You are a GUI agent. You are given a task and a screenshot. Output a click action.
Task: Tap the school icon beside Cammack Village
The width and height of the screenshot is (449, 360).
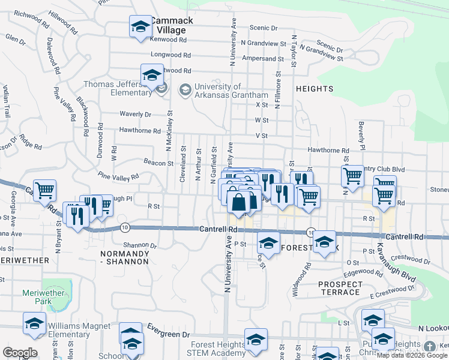141,27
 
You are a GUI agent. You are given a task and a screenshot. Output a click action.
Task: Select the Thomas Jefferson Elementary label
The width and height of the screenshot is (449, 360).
118,88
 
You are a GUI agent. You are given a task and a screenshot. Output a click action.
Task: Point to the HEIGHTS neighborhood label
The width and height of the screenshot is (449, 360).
315,89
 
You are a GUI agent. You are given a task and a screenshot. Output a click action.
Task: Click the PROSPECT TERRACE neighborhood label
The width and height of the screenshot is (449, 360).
340,288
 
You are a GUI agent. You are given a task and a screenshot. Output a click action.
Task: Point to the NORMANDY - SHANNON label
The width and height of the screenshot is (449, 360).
124,258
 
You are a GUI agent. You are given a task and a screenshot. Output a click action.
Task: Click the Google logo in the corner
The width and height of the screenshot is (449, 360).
20,353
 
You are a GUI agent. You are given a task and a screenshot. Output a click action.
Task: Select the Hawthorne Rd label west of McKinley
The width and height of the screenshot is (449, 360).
140,130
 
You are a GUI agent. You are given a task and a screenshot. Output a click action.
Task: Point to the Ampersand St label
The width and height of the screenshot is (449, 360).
263,59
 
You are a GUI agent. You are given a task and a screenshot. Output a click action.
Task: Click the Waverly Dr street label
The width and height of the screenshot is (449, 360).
135,114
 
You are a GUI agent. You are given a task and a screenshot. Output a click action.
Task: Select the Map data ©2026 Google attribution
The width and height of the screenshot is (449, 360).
412,355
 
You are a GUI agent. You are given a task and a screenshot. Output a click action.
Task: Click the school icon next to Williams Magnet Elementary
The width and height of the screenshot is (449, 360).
34,323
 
